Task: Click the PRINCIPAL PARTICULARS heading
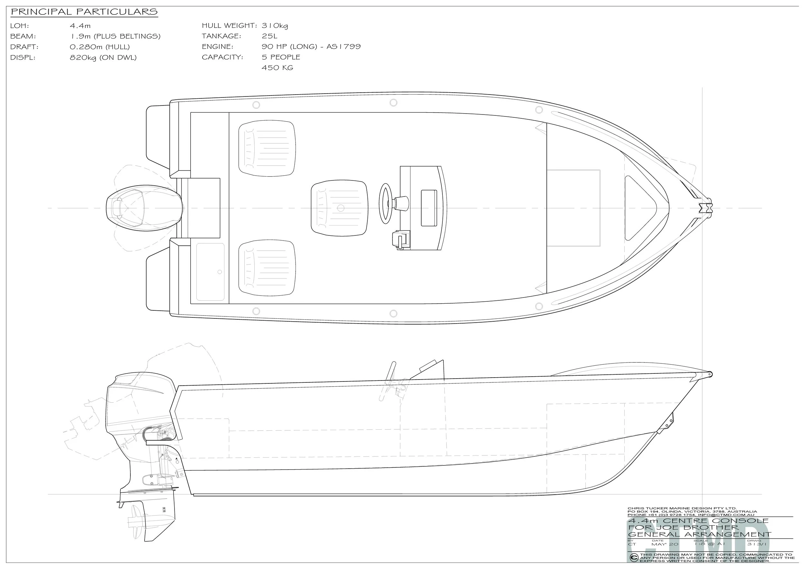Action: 84,12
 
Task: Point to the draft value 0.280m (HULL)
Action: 99,47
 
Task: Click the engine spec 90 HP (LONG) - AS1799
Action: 311,47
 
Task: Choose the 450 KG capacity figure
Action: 277,68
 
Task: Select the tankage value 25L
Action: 269,36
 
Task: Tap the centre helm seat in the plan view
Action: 339,208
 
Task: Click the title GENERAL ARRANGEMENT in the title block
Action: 699,544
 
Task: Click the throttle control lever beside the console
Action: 400,240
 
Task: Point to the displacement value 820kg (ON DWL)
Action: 103,58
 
